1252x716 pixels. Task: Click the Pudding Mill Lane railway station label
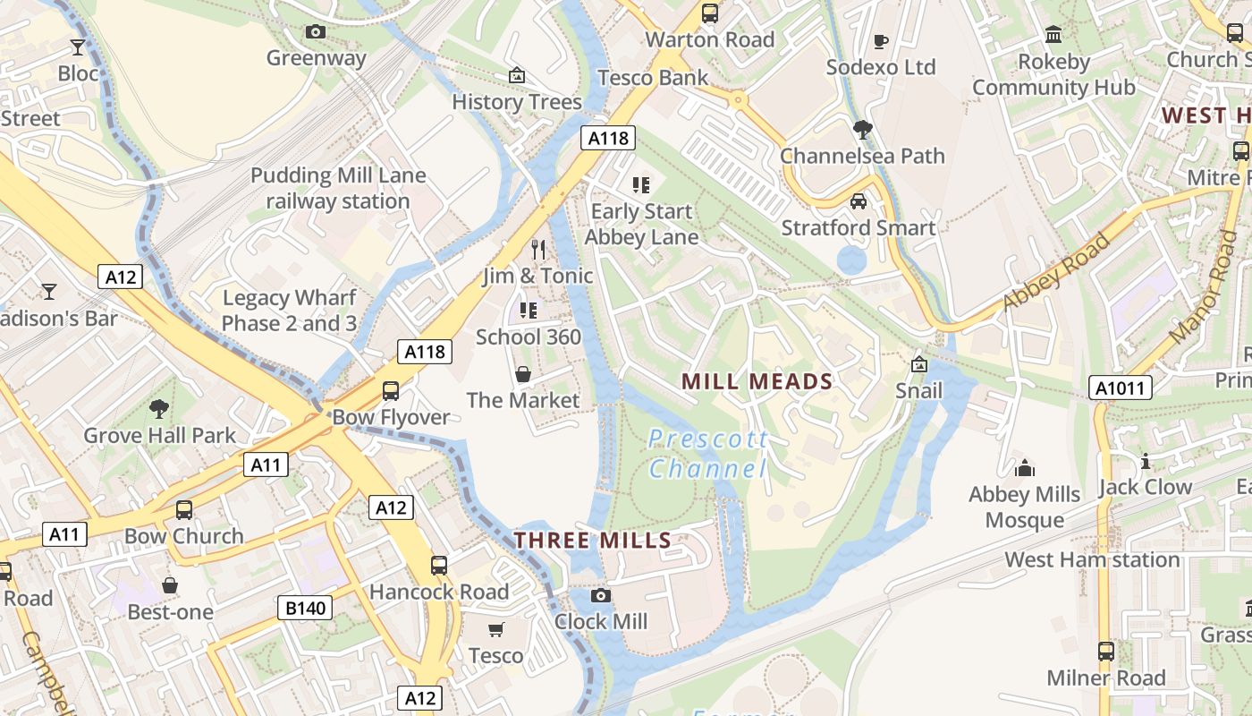(x=337, y=188)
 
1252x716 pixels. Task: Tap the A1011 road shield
(x=1121, y=388)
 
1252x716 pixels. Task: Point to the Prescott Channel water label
(x=707, y=454)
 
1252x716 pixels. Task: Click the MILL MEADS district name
(x=757, y=381)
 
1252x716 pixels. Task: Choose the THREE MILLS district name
(x=592, y=540)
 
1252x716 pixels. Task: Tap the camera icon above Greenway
(x=316, y=32)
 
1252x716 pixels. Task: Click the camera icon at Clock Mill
(x=601, y=596)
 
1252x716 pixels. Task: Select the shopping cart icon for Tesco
(x=496, y=630)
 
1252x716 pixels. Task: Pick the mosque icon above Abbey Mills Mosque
(x=1024, y=468)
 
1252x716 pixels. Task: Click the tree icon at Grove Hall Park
(x=159, y=410)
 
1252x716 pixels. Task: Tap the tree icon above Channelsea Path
(x=862, y=130)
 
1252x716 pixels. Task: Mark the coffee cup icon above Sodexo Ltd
(x=881, y=41)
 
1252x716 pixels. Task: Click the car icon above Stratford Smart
(x=859, y=201)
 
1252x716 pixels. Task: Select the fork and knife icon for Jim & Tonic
(x=538, y=249)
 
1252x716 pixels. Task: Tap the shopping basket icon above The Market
(x=523, y=374)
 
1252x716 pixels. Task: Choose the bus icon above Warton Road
(x=710, y=13)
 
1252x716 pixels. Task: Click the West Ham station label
(x=1092, y=559)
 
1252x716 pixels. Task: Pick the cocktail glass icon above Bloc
(x=78, y=47)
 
